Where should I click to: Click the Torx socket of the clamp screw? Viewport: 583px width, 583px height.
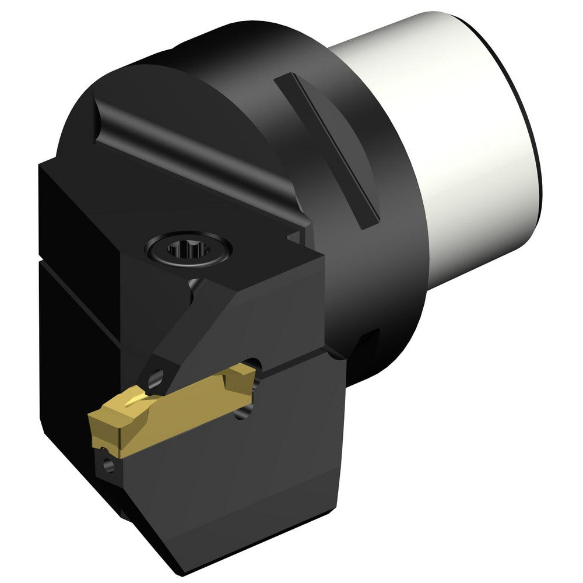tap(185, 251)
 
